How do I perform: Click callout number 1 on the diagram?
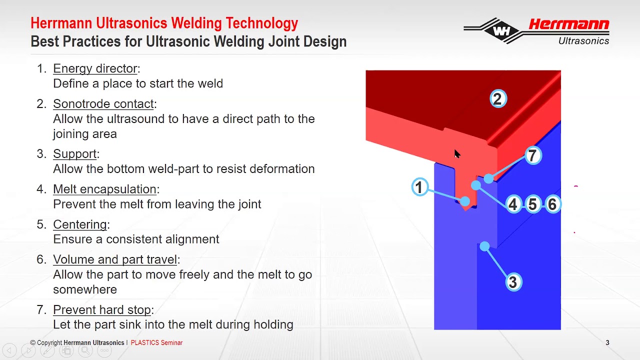pos(420,187)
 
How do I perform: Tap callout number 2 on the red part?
pos(497,99)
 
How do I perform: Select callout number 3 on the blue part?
pos(512,282)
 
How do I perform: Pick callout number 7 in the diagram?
pos(532,155)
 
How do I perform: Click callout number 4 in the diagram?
pos(513,204)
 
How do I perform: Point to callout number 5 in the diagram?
pos(532,204)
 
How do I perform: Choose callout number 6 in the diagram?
pos(552,204)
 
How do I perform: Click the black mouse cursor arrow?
pos(457,154)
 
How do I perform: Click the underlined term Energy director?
pos(95,68)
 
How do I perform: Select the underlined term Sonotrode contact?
pos(103,104)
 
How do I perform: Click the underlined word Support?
pos(75,154)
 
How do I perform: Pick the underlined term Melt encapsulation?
pos(105,189)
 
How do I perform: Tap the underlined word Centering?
pos(80,224)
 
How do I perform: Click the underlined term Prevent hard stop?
pos(102,309)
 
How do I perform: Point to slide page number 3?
pos(607,343)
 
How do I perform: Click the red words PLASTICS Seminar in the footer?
pos(156,343)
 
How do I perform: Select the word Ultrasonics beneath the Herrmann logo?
pos(583,41)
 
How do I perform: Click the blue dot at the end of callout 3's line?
pos(484,246)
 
